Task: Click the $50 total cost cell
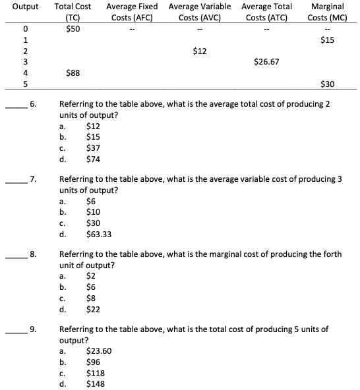click(x=74, y=28)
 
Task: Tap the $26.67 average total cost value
click(x=266, y=62)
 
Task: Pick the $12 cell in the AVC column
click(x=200, y=51)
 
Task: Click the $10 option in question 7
click(x=94, y=211)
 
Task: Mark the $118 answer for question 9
click(x=96, y=372)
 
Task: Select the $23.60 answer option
click(x=99, y=351)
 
